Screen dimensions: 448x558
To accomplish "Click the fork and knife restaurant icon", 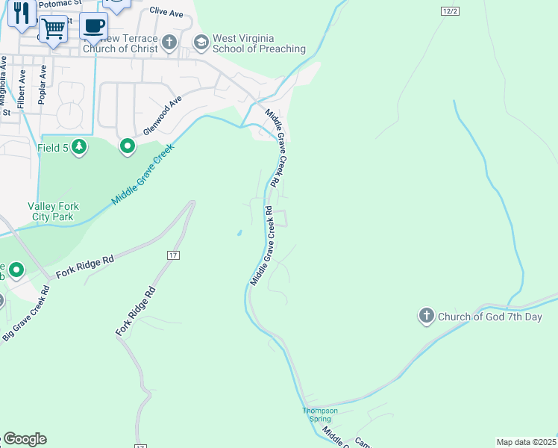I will point(22,13).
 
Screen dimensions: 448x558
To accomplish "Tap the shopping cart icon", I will point(53,29).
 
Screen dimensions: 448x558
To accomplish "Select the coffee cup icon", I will point(93,25).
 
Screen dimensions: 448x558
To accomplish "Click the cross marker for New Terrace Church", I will point(169,43).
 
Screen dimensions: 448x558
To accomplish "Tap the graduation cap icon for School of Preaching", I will point(201,43).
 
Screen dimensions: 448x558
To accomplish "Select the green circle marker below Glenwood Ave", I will point(128,146).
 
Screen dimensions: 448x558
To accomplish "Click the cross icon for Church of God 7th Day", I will point(427,317).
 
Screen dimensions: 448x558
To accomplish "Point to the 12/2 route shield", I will point(449,11).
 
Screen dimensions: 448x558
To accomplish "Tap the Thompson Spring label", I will point(320,414).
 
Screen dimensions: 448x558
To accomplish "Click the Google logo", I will point(25,439).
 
